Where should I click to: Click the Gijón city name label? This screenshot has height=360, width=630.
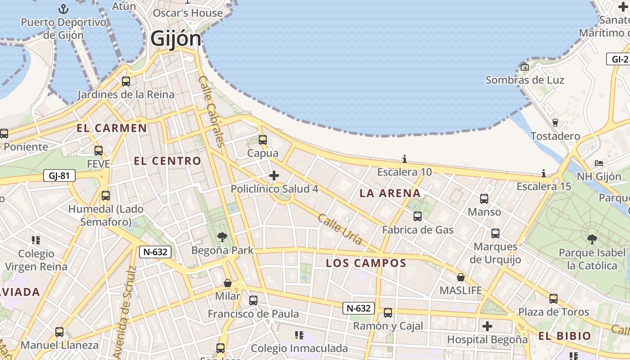click(176, 38)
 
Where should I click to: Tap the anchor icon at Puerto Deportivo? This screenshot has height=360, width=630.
click(63, 9)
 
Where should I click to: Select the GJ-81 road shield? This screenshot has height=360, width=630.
click(59, 175)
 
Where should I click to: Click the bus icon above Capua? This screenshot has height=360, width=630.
click(263, 140)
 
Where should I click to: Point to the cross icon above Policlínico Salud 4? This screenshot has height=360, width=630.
click(274, 175)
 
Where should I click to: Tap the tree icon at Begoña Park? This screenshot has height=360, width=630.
click(222, 237)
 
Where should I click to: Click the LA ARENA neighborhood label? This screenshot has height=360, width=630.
click(390, 193)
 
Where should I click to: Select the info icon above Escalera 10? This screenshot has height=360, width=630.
click(405, 159)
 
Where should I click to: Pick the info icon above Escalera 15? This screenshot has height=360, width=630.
click(544, 173)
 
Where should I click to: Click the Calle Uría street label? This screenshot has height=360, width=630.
click(340, 229)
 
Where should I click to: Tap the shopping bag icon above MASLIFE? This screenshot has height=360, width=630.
click(460, 277)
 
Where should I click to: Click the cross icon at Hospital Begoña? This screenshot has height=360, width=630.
click(487, 326)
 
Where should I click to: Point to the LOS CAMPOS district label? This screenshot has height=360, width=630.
click(366, 263)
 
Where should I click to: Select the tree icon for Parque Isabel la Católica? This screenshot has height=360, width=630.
click(592, 239)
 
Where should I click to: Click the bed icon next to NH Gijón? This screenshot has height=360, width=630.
click(598, 163)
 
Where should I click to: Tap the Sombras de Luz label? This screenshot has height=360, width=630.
click(525, 80)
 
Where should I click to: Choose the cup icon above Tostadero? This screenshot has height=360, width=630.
click(555, 123)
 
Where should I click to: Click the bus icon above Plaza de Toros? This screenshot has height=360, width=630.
click(553, 299)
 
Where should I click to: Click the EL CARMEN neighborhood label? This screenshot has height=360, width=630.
click(112, 128)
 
